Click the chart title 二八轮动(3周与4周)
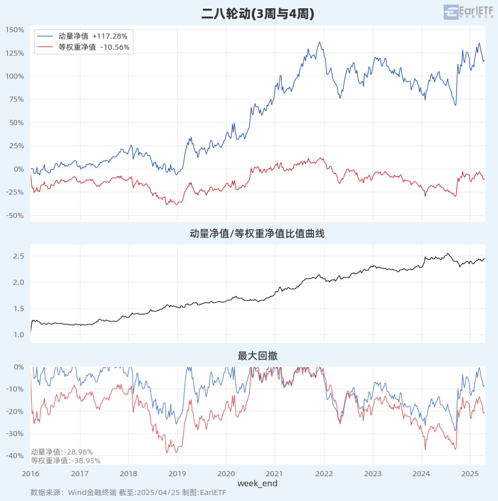pos(258,14)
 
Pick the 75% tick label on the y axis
pos(16,100)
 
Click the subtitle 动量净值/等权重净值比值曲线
pos(257,234)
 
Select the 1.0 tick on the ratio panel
pos(18,335)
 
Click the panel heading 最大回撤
pos(257,356)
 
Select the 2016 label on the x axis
pos(30,473)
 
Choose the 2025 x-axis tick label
pos(470,473)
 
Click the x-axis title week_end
pos(257,483)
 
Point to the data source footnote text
pos(128,492)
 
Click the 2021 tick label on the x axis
pos(275,473)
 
